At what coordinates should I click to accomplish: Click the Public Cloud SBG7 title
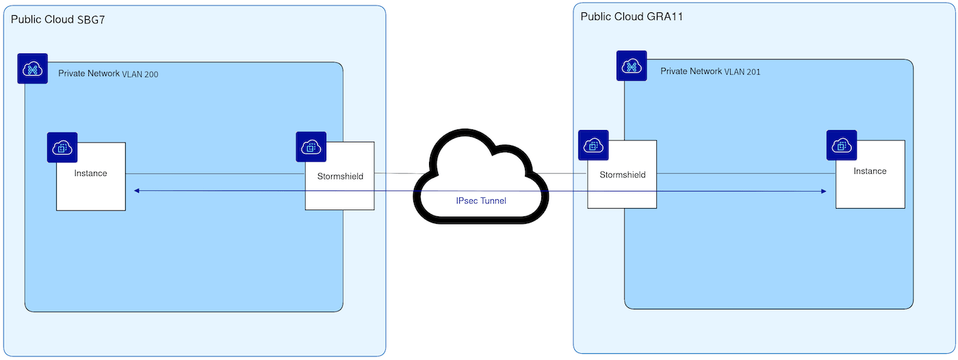(57, 20)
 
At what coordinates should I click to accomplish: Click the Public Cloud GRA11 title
(632, 16)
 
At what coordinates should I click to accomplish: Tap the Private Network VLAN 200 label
(108, 73)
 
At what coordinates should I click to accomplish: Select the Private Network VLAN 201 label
(710, 71)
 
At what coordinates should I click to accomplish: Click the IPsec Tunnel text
(481, 201)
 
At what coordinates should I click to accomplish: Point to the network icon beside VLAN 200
(33, 68)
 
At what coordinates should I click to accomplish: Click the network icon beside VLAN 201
(632, 66)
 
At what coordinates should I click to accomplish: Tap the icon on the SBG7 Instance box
(62, 148)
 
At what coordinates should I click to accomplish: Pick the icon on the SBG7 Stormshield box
(311, 146)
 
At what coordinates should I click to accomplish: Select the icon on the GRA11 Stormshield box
(593, 145)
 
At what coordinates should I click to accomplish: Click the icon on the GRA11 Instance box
(842, 145)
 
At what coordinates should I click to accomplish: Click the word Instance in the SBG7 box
(90, 173)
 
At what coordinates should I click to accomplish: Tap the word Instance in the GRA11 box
(870, 171)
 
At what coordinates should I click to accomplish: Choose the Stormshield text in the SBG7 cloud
(341, 176)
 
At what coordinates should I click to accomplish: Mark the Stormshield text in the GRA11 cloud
(623, 175)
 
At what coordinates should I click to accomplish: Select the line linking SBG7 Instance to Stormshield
(215, 174)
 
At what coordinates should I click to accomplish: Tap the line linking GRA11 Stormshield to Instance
(747, 174)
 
